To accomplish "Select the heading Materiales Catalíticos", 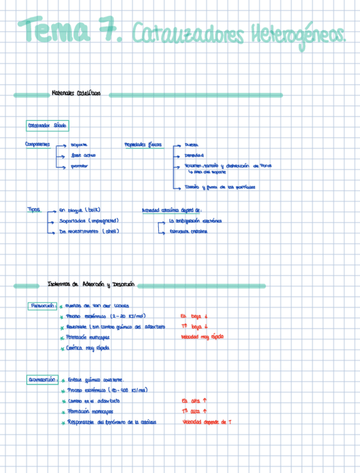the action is point(76,94).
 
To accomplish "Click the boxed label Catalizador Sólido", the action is point(47,126).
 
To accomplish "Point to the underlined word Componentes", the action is point(37,144).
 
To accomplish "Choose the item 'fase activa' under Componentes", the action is point(84,155).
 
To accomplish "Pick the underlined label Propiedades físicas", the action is point(143,144).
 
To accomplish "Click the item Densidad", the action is point(194,155).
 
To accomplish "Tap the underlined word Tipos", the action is point(34,210).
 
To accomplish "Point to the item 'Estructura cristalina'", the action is point(187,231).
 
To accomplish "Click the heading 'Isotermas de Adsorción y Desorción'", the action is point(91,284).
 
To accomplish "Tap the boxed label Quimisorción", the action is point(42,380).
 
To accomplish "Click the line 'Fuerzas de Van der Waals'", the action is point(97,306).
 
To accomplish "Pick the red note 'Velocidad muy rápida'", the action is point(202,337).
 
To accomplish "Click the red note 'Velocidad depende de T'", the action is point(207,422).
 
